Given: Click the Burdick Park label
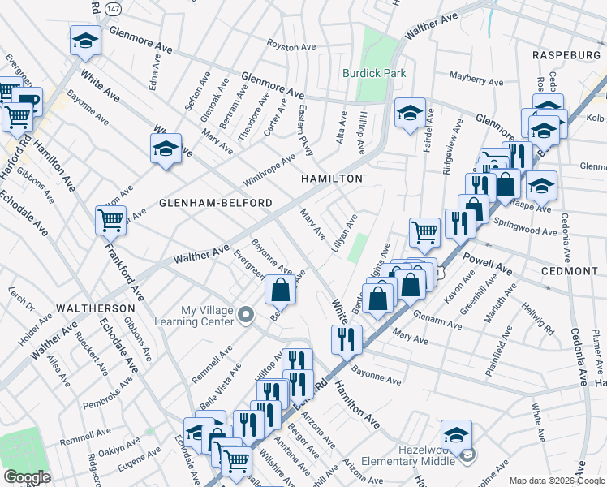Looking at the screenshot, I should [x=373, y=72].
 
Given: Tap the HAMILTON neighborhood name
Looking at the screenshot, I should [x=331, y=178].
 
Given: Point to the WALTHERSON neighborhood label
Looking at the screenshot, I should [x=95, y=309].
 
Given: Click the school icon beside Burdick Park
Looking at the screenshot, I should [x=410, y=113].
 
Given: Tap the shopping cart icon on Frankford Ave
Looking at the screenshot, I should [x=110, y=219].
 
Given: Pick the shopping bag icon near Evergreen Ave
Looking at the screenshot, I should [x=280, y=289].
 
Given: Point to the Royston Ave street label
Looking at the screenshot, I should [x=291, y=47].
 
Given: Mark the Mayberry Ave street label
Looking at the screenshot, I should [x=476, y=80].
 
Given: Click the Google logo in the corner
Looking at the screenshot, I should [x=28, y=477].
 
